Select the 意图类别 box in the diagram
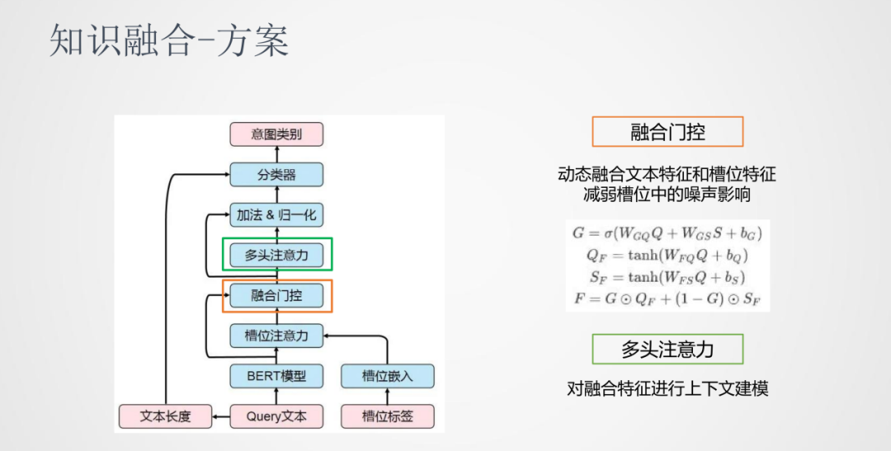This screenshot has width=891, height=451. point(276,134)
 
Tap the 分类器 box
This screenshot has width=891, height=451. point(276,174)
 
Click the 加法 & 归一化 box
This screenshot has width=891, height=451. point(276,215)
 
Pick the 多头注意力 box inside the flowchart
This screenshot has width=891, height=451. point(276,255)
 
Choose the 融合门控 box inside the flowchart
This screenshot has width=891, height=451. point(276,295)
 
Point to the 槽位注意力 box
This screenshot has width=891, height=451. point(276,336)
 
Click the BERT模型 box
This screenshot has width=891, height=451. point(276,376)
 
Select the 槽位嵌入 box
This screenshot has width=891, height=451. point(387,376)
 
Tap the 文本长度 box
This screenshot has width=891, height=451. point(165,416)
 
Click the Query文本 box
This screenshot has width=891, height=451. point(276,416)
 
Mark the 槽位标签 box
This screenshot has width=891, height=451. point(387,416)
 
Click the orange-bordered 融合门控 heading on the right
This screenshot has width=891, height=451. point(667,132)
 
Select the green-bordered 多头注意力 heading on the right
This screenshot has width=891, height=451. point(667,349)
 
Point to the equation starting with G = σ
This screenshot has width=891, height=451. point(667,233)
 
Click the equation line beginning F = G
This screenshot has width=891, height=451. point(667,297)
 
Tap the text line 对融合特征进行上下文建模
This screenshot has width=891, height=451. point(667,388)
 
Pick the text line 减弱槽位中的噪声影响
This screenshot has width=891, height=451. point(667,195)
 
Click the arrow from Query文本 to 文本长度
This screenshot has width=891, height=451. point(221,417)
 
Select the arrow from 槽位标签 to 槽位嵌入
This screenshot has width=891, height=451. point(387,397)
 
